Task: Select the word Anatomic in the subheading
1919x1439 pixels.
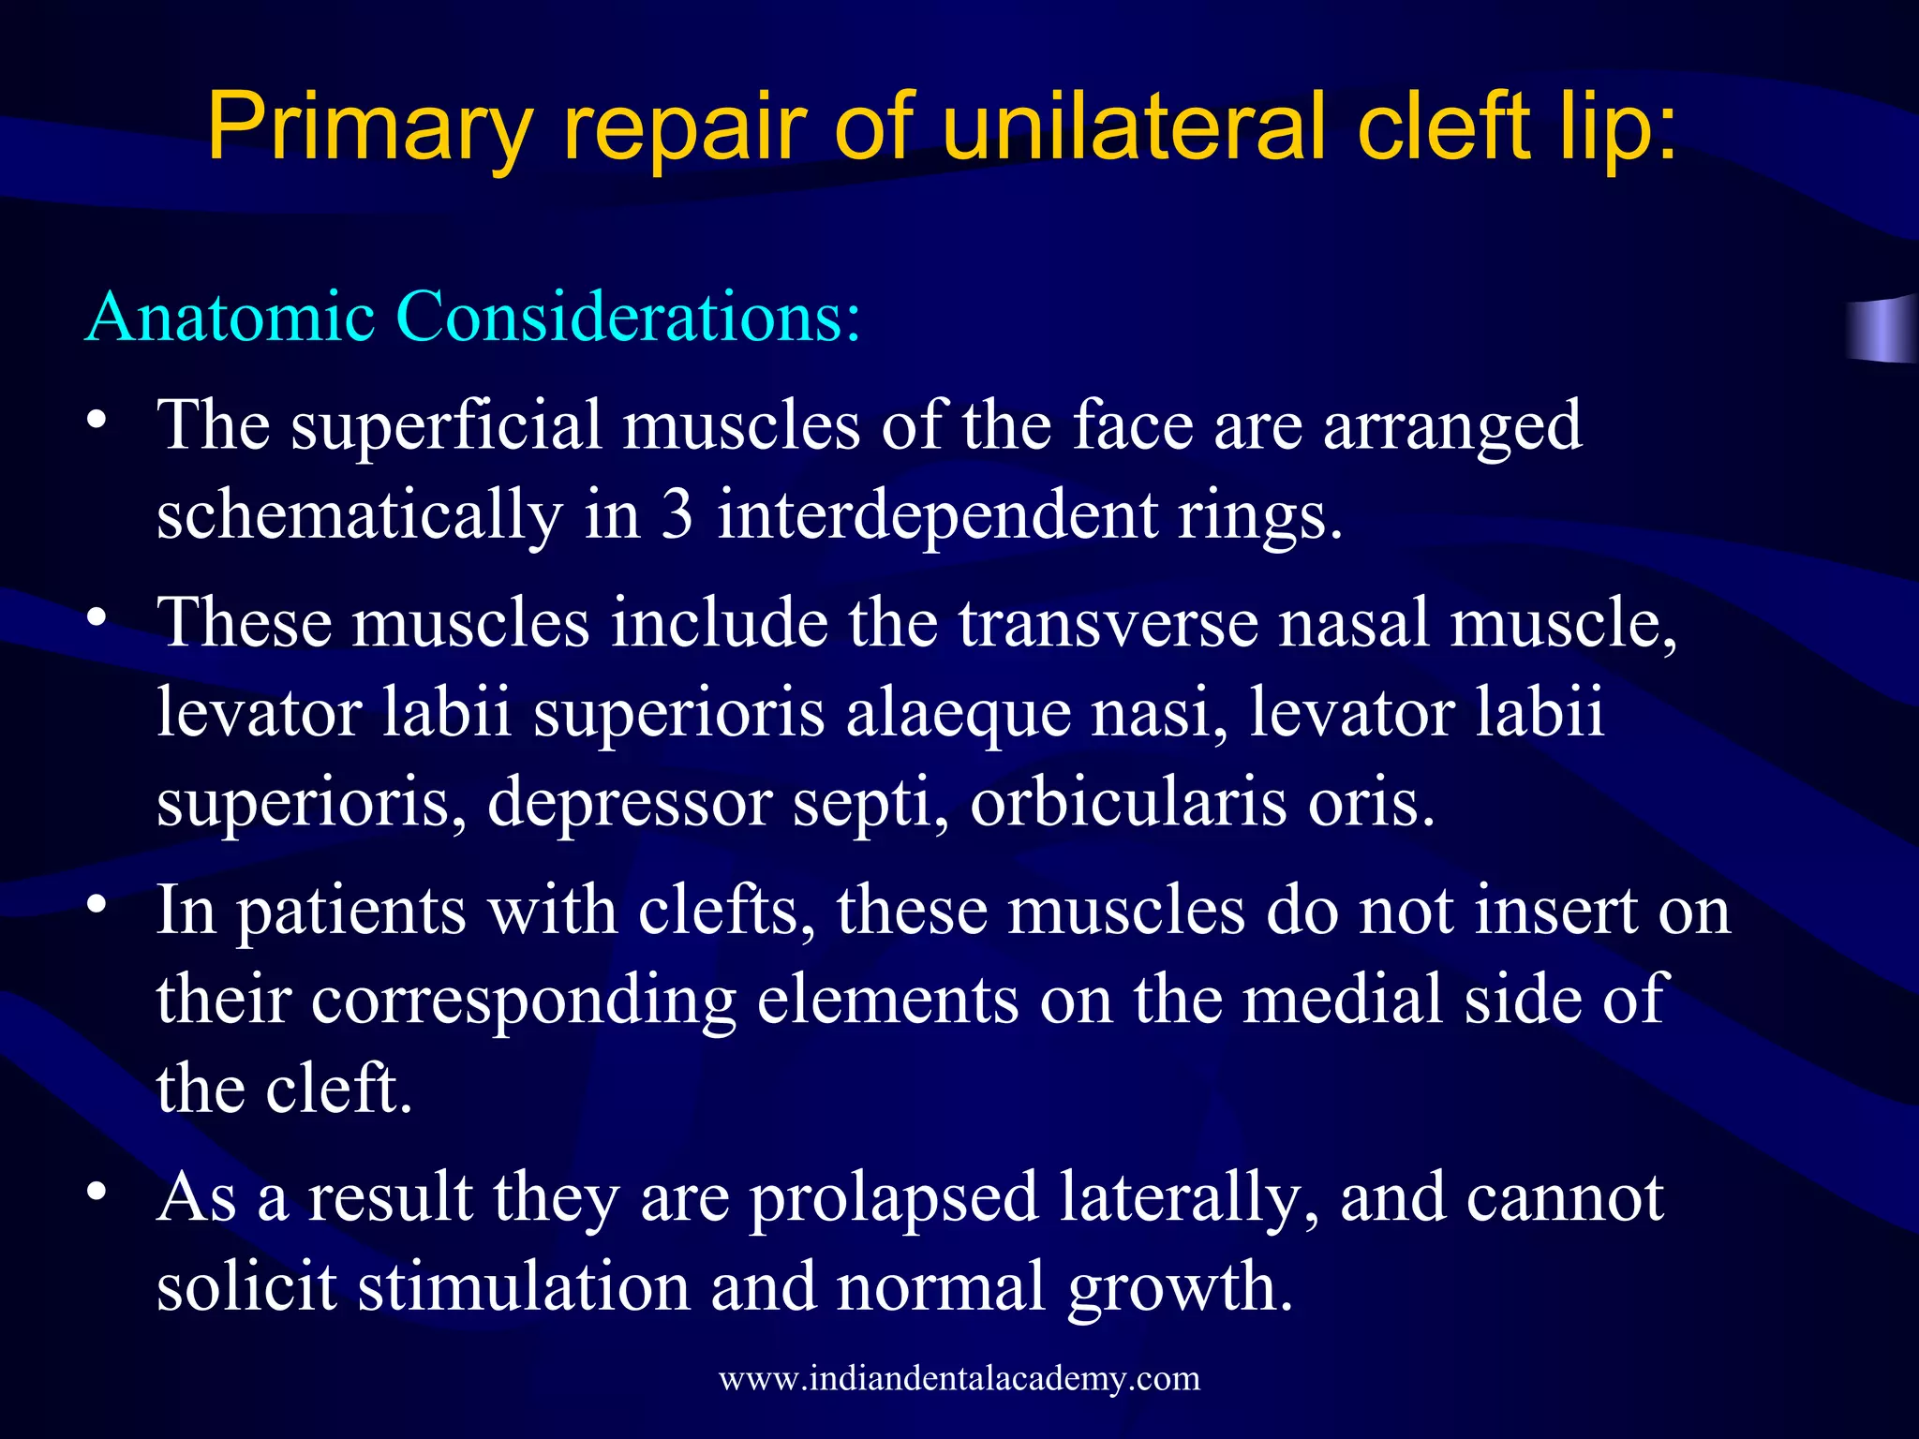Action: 230,317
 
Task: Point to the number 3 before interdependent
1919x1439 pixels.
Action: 677,515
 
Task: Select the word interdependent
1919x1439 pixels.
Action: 937,515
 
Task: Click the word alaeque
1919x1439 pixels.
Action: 958,713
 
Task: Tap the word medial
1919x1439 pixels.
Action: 1342,1000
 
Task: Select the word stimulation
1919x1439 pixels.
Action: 524,1286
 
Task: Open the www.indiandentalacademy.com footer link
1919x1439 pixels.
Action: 959,1378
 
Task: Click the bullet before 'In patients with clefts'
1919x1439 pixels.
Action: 95,906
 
